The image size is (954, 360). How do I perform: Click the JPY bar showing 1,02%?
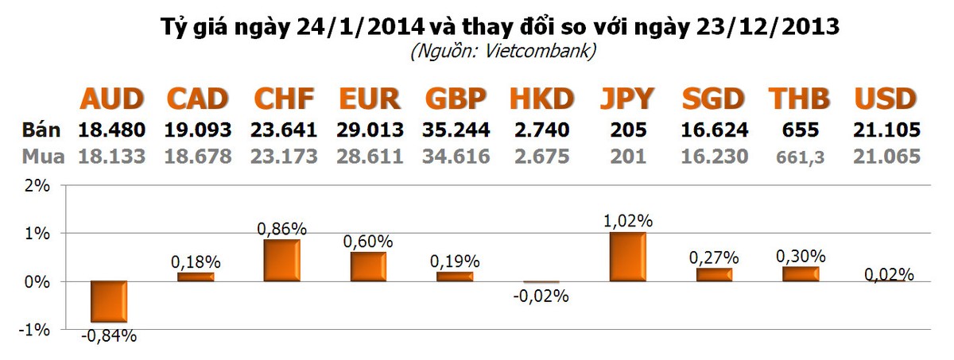[627, 257]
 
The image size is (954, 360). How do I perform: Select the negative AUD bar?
[108, 301]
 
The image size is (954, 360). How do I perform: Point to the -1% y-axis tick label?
[37, 330]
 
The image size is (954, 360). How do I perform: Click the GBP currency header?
[456, 99]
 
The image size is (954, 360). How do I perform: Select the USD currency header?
[886, 99]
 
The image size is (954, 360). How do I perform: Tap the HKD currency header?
[541, 99]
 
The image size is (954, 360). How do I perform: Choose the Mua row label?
[41, 156]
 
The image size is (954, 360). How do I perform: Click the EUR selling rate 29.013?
[370, 130]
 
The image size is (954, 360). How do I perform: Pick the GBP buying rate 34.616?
[456, 156]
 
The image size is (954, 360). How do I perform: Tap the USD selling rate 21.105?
[886, 130]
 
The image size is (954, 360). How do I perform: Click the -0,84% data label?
[108, 336]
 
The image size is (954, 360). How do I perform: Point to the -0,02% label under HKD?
[541, 296]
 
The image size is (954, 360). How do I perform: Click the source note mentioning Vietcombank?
[502, 52]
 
